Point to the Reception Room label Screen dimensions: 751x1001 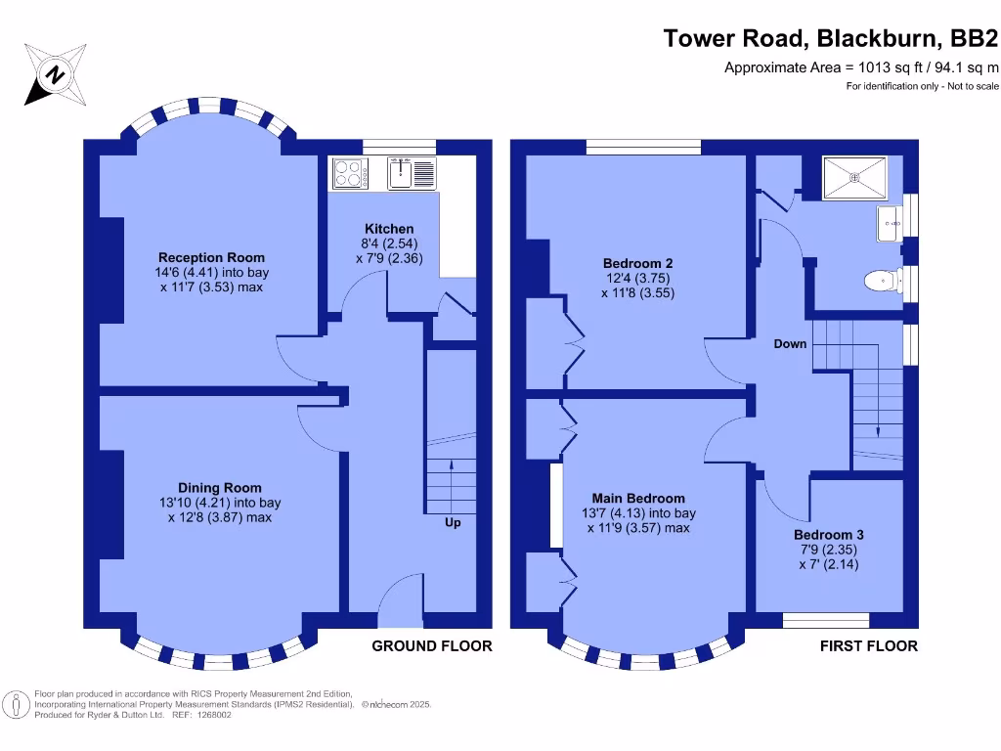tap(210, 257)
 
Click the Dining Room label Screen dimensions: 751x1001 tap(219, 488)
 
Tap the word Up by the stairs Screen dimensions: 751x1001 tap(453, 522)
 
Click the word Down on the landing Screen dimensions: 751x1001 tap(790, 344)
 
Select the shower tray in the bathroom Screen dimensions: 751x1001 tap(856, 177)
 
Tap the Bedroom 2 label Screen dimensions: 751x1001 tap(637, 263)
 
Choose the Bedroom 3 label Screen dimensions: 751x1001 tap(828, 535)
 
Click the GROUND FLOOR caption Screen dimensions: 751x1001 tap(432, 646)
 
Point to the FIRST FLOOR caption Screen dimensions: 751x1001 tap(868, 646)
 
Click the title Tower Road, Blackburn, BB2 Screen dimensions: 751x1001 tap(831, 39)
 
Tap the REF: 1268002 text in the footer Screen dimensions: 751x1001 tap(200, 715)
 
